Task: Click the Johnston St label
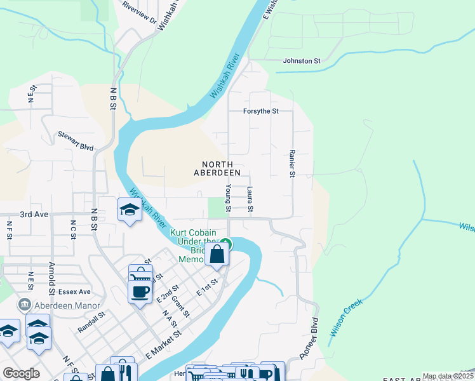[301, 61]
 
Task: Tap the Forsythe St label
[261, 111]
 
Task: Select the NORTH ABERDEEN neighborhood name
[217, 168]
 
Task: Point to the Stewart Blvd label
[76, 140]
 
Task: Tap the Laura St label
[250, 199]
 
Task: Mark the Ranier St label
[293, 164]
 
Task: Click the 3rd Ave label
[34, 215]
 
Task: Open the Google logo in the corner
[21, 373]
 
